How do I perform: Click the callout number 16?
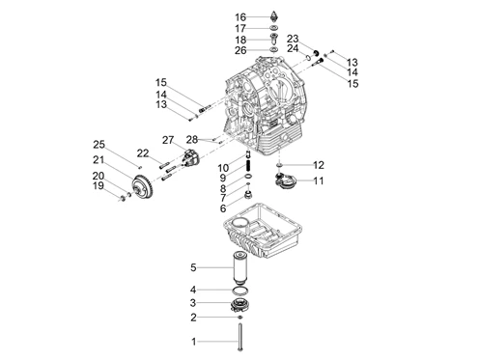[240, 17]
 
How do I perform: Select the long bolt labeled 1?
[240, 337]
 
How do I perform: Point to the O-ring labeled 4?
[240, 291]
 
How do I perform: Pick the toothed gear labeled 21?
[144, 189]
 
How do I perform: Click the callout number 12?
[319, 165]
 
